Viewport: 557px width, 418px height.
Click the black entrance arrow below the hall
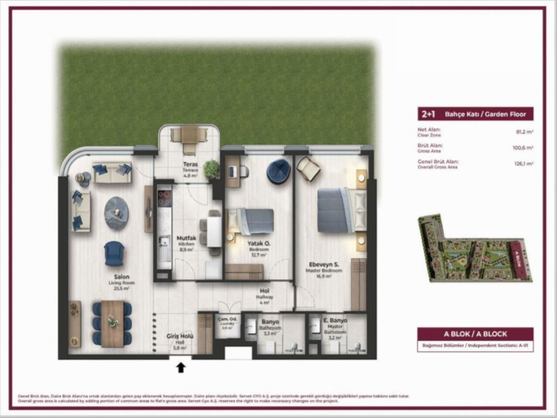click(181, 368)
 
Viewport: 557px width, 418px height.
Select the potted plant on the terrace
click(211, 169)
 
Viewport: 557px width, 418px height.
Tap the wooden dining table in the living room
click(112, 323)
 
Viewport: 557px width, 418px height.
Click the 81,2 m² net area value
click(525, 131)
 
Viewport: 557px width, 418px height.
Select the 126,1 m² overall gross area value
click(524, 164)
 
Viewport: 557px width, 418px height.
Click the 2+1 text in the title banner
click(428, 114)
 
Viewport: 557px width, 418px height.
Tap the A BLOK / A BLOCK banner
click(475, 334)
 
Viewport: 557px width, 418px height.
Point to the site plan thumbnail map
click(473, 249)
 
